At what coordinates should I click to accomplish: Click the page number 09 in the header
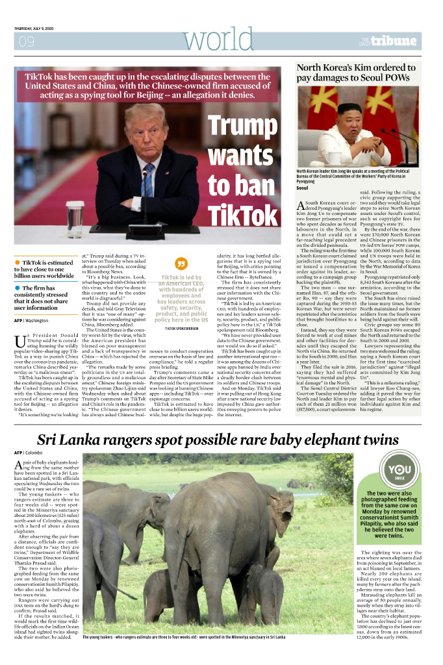coord(27,42)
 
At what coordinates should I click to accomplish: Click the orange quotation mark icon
coord(182,265)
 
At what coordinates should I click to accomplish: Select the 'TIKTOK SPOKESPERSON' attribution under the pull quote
coord(182,329)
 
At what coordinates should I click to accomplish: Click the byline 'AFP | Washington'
coord(31,321)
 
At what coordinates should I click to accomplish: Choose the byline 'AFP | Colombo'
coord(29,452)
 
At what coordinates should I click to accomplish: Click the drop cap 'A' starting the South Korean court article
coord(301,207)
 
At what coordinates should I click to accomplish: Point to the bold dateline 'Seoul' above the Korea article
coord(301,188)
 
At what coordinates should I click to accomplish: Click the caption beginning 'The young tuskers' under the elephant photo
coord(184,637)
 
